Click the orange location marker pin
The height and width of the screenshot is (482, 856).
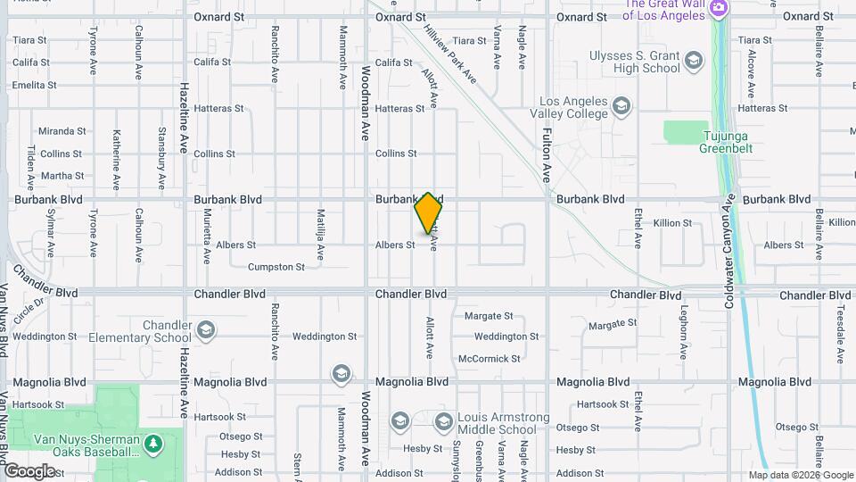tap(428, 213)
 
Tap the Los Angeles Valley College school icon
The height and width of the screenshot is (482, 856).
tap(621, 108)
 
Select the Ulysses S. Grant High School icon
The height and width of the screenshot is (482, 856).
tap(694, 62)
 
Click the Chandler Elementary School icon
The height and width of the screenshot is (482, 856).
tap(206, 331)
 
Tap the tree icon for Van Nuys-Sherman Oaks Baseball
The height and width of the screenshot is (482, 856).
tap(153, 444)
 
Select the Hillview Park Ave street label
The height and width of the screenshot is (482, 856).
tap(450, 53)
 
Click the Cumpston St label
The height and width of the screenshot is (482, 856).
tap(276, 267)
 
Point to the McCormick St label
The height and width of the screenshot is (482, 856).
tap(490, 359)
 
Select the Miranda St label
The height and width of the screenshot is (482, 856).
tap(62, 130)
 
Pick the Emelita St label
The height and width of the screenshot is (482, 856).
tap(35, 86)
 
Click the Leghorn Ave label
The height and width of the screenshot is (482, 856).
tap(685, 331)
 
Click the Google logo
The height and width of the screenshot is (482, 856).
tap(29, 470)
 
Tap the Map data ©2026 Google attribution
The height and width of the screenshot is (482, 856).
tap(801, 475)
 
